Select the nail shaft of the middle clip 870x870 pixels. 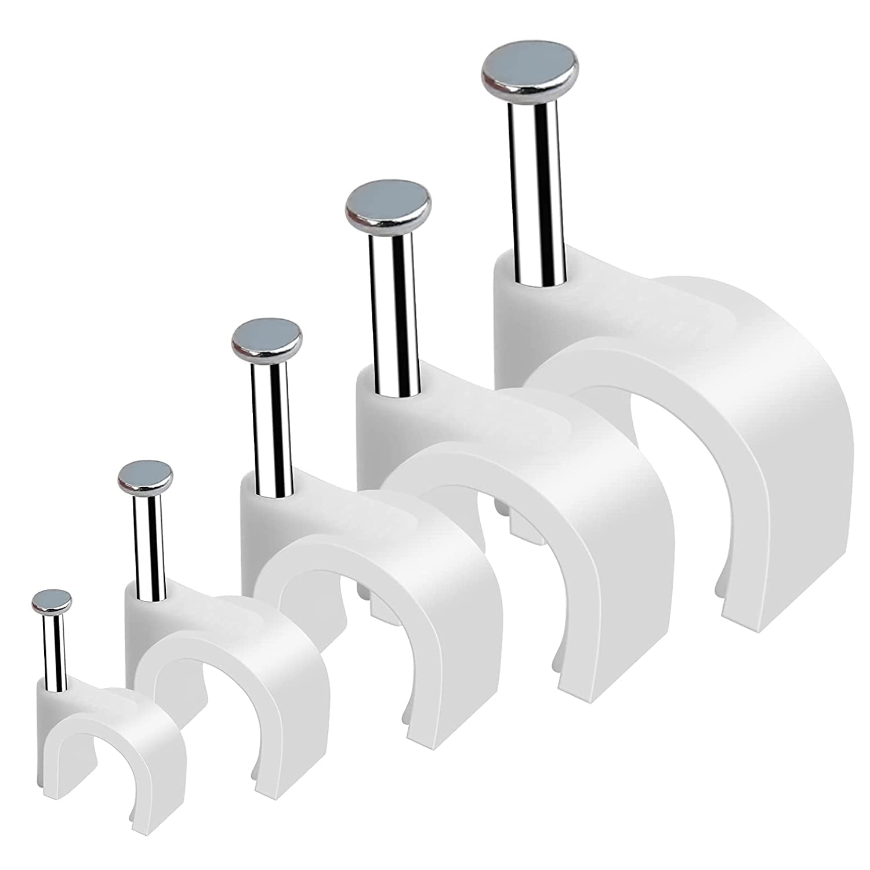click(270, 429)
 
